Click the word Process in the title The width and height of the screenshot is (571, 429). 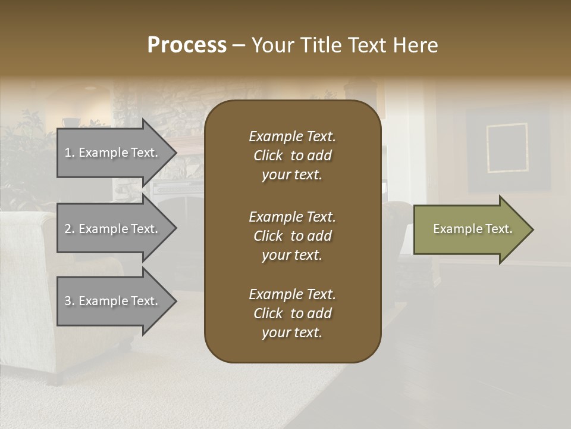[187, 45]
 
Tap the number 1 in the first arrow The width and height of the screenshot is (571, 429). [68, 153]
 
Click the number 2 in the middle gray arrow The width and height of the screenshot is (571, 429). [68, 229]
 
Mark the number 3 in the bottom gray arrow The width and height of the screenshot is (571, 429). [68, 301]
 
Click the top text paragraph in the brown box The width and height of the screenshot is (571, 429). [292, 156]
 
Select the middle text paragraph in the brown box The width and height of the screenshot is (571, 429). [292, 236]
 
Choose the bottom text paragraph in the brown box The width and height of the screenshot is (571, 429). [292, 313]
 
